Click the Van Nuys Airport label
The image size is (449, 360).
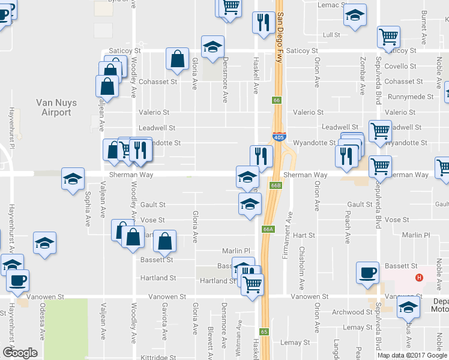click(x=56, y=107)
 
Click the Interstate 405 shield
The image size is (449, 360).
click(x=279, y=137)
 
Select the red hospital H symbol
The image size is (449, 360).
click(x=420, y=278)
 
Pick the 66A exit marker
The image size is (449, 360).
click(x=268, y=229)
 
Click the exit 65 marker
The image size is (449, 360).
click(x=264, y=332)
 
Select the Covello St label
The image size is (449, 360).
click(x=399, y=67)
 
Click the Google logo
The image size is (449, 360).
click(x=20, y=353)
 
